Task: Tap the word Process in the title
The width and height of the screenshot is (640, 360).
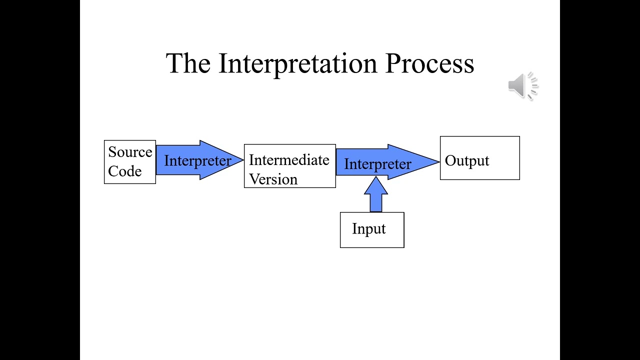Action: (429, 64)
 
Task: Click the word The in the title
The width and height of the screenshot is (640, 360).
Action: (188, 64)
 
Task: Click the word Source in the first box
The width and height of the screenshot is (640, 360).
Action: (130, 152)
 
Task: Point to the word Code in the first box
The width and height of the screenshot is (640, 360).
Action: (124, 171)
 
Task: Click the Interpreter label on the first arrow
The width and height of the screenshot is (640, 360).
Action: (197, 160)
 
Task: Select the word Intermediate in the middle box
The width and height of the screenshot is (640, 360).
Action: (289, 160)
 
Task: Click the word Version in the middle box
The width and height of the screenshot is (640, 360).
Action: (273, 179)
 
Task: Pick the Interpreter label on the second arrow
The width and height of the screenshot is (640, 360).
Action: (377, 164)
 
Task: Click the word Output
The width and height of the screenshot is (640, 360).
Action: (467, 161)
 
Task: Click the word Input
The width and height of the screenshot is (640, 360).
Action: (369, 228)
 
